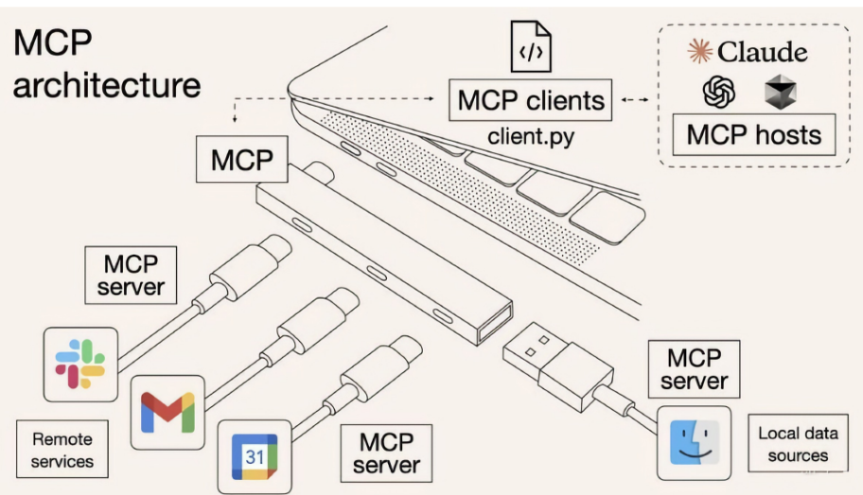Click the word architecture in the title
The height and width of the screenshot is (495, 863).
(x=107, y=85)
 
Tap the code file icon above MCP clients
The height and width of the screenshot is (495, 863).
(x=531, y=46)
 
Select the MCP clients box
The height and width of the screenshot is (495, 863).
(x=531, y=100)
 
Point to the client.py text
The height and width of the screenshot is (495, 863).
(x=531, y=136)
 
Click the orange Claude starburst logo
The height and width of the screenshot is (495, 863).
(x=699, y=51)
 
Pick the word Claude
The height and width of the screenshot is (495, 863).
(x=763, y=52)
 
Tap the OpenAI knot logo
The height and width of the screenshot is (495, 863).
(x=719, y=92)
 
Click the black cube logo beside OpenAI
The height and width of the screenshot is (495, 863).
(x=781, y=92)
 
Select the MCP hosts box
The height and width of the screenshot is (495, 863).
(x=754, y=135)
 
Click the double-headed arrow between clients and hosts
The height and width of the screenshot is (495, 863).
(x=635, y=99)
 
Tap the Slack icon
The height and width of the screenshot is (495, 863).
(x=80, y=364)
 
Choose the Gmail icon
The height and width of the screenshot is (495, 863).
(x=167, y=413)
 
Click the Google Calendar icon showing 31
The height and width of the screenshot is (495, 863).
(x=255, y=456)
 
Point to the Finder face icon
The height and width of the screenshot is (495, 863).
(x=694, y=443)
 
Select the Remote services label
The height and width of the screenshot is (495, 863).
(x=62, y=450)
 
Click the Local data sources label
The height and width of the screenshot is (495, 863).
(x=798, y=444)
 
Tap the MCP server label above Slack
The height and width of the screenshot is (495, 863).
(x=131, y=275)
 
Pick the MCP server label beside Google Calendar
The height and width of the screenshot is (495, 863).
(x=386, y=453)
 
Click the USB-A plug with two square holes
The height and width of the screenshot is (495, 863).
(x=557, y=366)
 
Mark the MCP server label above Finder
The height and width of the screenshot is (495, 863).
(x=694, y=369)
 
